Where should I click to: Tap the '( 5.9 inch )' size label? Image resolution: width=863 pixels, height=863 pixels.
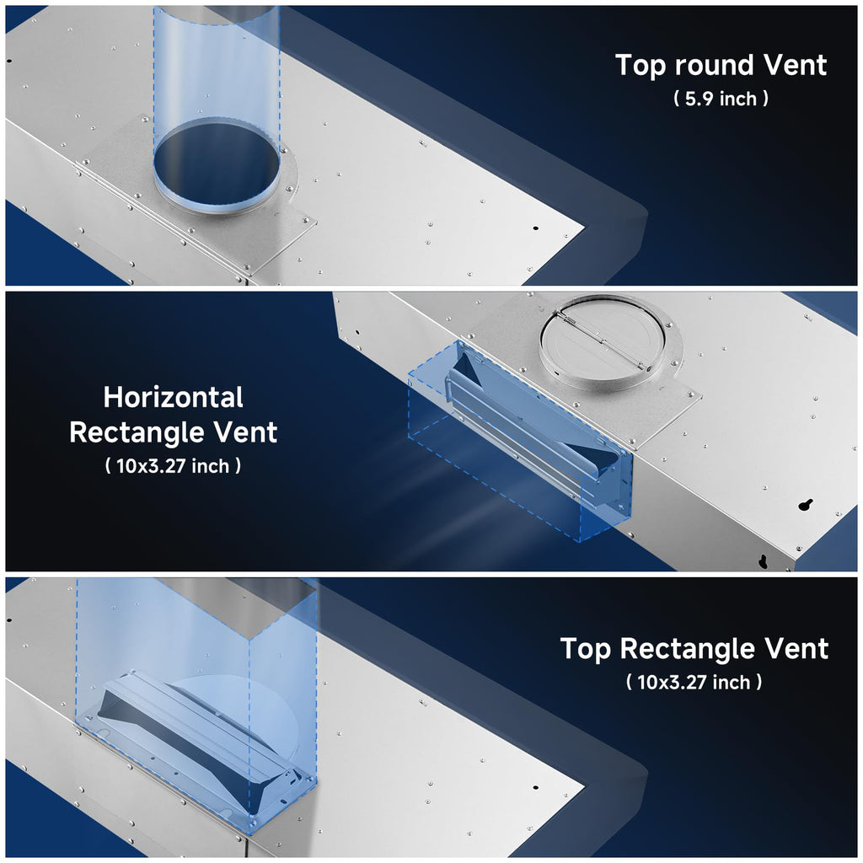tap(721, 99)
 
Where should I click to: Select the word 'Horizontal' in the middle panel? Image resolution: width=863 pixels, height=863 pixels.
tap(174, 397)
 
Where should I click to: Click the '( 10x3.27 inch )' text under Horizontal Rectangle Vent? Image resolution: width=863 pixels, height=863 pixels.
tap(173, 466)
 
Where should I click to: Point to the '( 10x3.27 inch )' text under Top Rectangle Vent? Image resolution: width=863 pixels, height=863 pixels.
tap(694, 682)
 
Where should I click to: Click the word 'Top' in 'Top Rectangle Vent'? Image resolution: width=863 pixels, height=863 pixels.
tap(585, 650)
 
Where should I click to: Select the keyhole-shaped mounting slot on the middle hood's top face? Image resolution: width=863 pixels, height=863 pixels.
tap(807, 505)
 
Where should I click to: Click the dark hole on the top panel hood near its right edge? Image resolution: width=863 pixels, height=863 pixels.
tap(535, 228)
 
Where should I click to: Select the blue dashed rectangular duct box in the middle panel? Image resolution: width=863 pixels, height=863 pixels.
tap(519, 440)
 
